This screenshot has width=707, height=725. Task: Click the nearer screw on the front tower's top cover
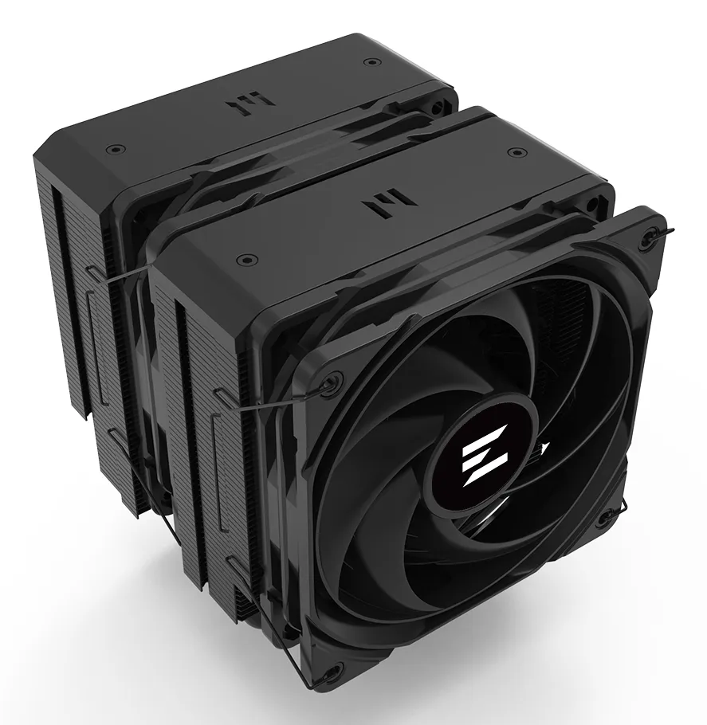pyautogui.click(x=246, y=258)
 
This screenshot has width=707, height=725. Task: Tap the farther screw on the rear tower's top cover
pyautogui.click(x=368, y=63)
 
